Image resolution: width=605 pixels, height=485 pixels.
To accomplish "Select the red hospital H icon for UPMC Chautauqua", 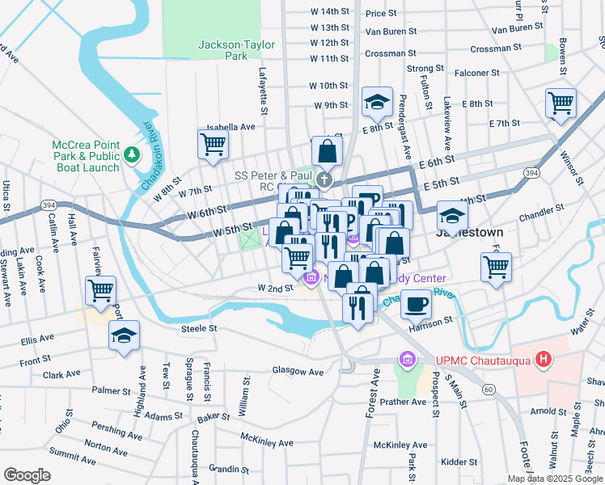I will tap(544, 358).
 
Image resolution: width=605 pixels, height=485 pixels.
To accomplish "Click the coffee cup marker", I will tap(416, 304).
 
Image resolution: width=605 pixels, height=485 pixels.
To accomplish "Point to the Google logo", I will tap(27, 474).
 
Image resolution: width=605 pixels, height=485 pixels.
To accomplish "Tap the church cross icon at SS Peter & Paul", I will tap(324, 179).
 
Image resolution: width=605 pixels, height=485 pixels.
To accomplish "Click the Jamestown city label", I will tap(469, 232).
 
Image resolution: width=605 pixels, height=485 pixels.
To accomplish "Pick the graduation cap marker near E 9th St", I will tap(377, 102).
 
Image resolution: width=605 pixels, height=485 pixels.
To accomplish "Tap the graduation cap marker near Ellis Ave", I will tap(124, 335).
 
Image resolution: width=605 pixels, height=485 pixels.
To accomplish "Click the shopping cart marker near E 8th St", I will tap(561, 103).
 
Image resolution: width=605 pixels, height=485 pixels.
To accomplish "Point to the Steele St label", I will tap(200, 328).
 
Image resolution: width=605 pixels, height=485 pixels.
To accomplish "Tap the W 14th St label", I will tap(329, 11).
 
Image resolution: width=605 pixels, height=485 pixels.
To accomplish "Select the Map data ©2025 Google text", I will tap(554, 479).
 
